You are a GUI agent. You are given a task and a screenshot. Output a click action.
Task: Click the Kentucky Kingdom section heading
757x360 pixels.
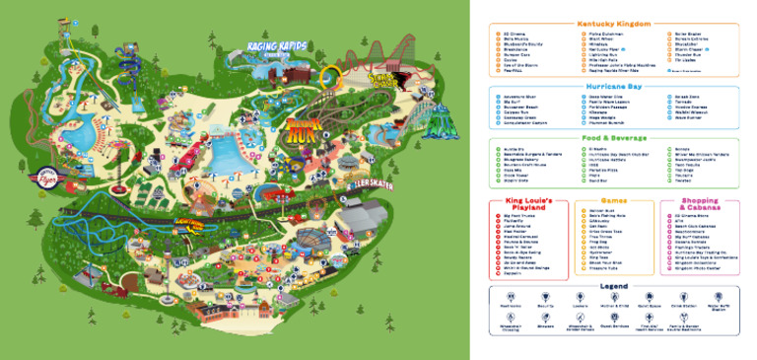pyautogui.click(x=613, y=23)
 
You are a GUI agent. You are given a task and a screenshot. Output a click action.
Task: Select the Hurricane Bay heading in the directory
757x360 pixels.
pyautogui.click(x=613, y=87)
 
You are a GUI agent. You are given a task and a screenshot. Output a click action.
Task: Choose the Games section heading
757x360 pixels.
pyautogui.click(x=613, y=199)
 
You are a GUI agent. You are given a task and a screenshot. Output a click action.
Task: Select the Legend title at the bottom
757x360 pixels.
pyautogui.click(x=613, y=286)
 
